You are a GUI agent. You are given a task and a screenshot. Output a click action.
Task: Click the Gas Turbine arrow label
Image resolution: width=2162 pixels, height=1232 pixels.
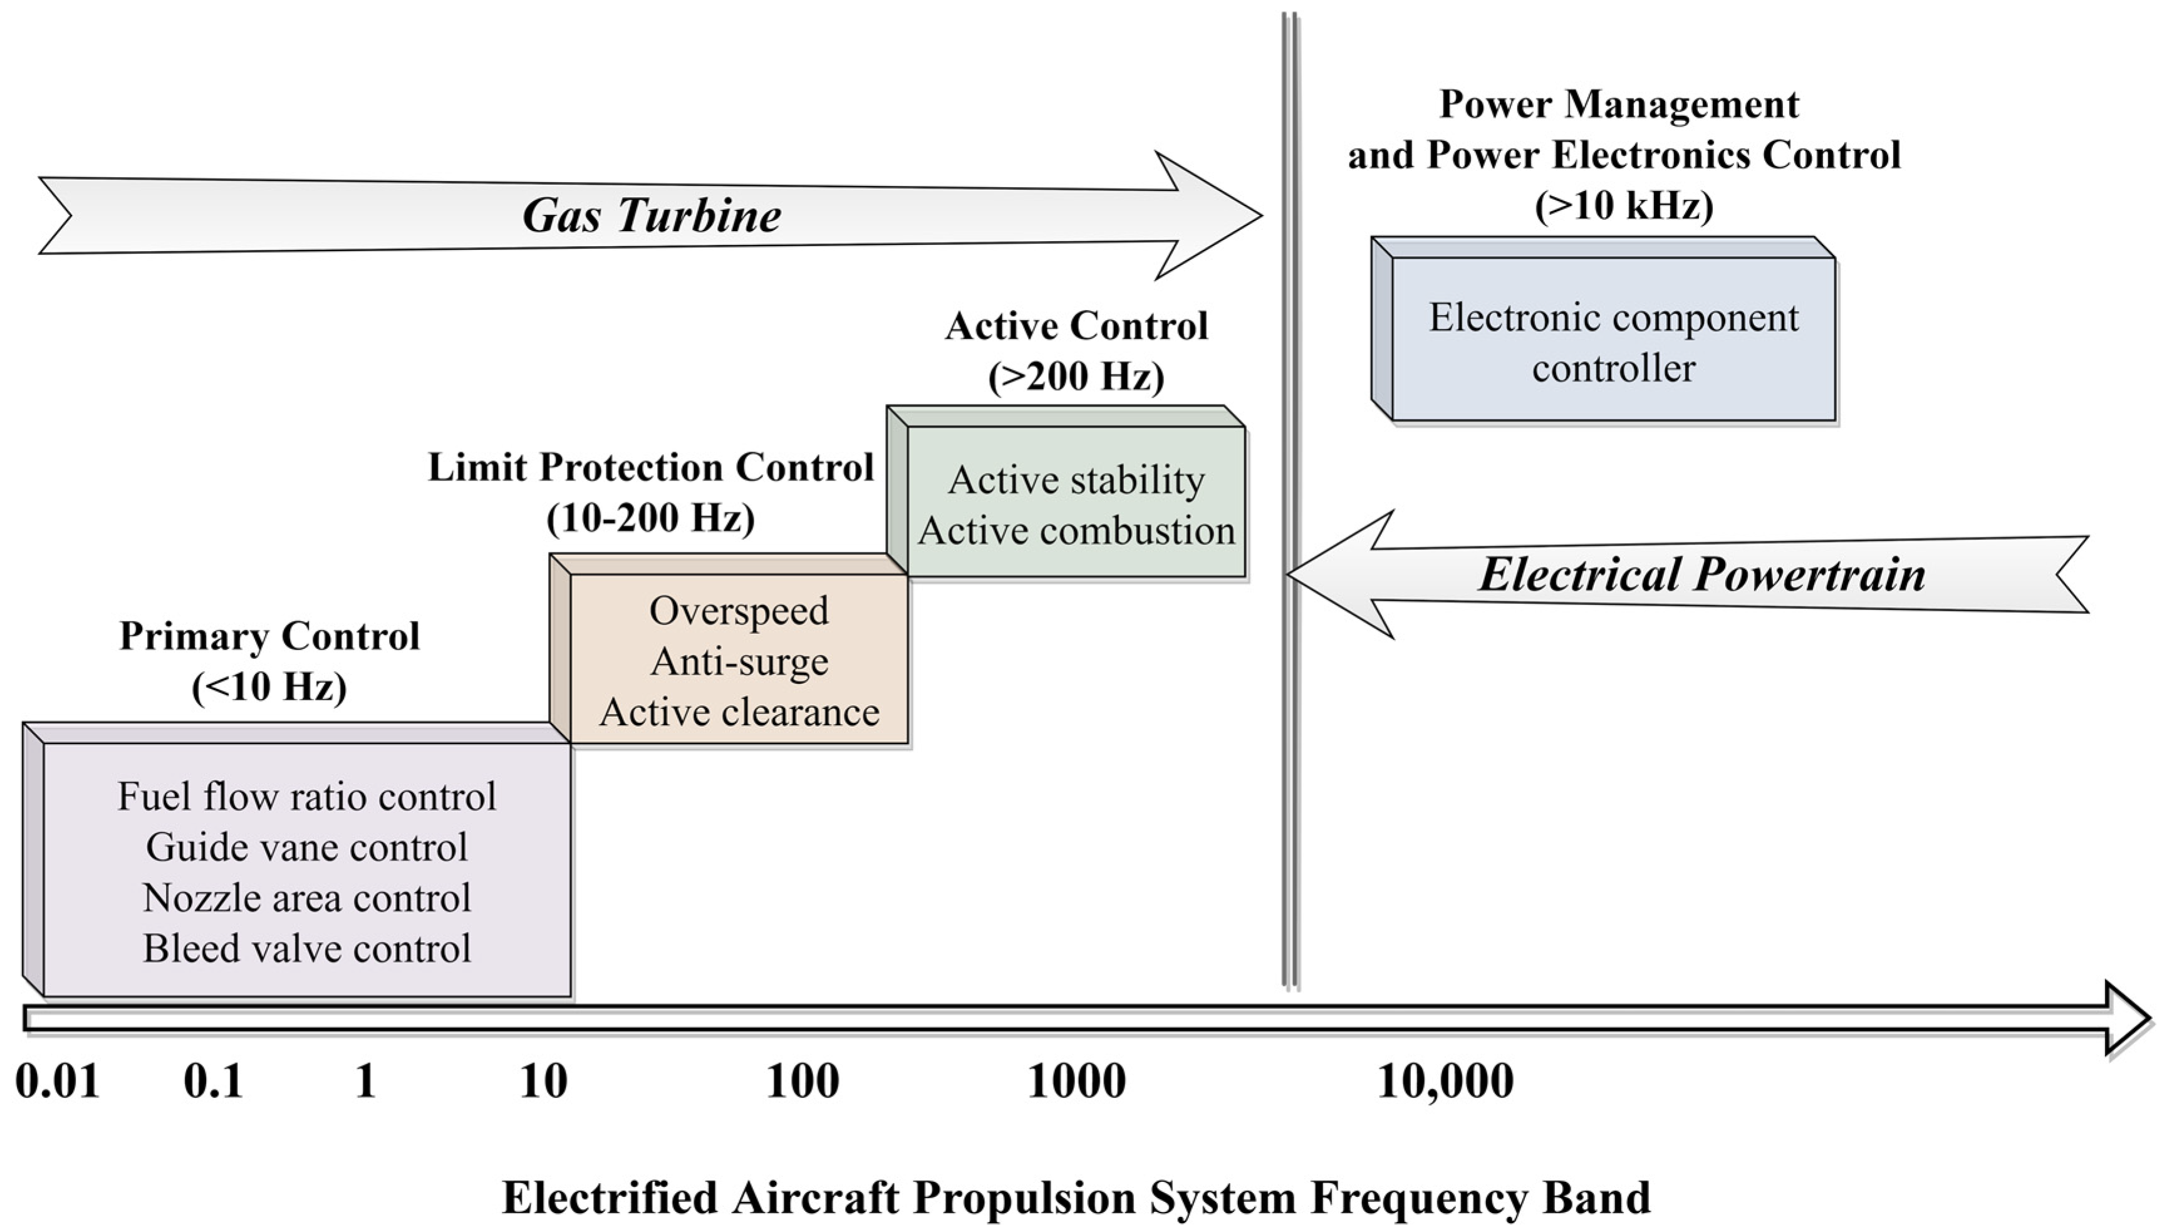[651, 215]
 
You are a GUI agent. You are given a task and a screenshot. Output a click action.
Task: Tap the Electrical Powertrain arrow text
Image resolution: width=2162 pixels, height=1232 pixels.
[1702, 574]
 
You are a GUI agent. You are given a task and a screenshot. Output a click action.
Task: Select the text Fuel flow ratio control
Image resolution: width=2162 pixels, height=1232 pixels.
[306, 796]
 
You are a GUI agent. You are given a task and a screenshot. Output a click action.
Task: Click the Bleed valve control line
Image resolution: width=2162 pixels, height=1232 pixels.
[306, 948]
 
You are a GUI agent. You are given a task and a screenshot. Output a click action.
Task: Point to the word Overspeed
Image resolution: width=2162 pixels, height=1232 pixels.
[739, 611]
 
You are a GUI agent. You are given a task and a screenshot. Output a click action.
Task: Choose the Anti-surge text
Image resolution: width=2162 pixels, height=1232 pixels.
[739, 661]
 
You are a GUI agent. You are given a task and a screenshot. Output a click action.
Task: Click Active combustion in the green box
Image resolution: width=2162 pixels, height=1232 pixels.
[1076, 531]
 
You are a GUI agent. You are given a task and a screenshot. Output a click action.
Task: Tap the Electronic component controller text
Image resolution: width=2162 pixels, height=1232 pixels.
[1614, 343]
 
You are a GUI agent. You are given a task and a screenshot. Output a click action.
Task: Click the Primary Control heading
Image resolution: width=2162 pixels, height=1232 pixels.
[269, 636]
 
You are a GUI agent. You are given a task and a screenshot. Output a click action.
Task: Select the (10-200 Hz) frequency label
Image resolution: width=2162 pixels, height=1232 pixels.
[650, 517]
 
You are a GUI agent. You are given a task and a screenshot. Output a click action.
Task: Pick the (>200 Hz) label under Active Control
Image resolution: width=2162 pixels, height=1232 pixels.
[1076, 376]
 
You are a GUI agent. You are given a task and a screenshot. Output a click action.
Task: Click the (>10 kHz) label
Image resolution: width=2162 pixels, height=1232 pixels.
[1624, 205]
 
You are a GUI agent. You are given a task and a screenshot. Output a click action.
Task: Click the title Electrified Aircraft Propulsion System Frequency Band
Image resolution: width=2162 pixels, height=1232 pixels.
[1076, 1198]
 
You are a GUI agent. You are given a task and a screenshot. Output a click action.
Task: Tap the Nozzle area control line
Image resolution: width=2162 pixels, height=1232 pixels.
[306, 898]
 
